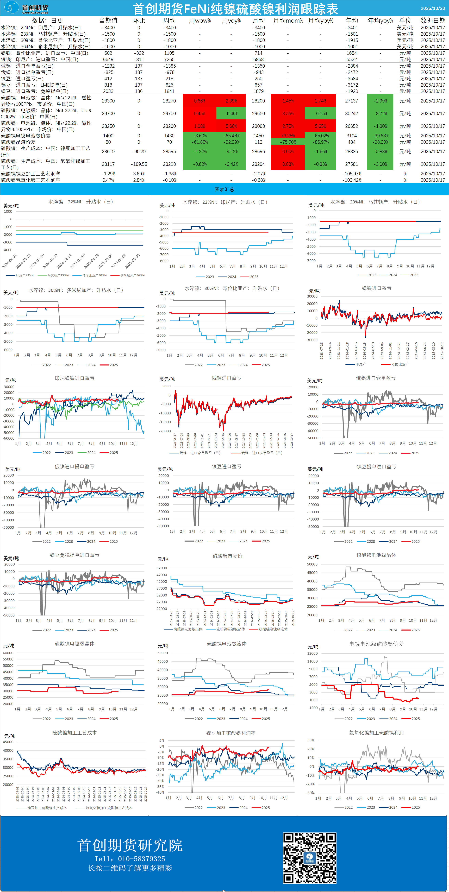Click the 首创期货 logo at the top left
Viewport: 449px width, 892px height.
pyautogui.click(x=26, y=8)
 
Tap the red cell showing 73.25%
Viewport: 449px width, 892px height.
pyautogui.click(x=288, y=136)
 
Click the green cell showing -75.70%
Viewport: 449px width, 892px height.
pyautogui.click(x=288, y=142)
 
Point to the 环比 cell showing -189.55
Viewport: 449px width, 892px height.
pyautogui.click(x=139, y=164)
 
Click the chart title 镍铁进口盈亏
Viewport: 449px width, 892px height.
pyautogui.click(x=377, y=288)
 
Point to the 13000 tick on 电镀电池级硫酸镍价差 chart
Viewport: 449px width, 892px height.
pyautogui.click(x=313, y=653)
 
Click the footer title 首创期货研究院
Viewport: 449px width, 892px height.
pyautogui.click(x=130, y=845)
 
